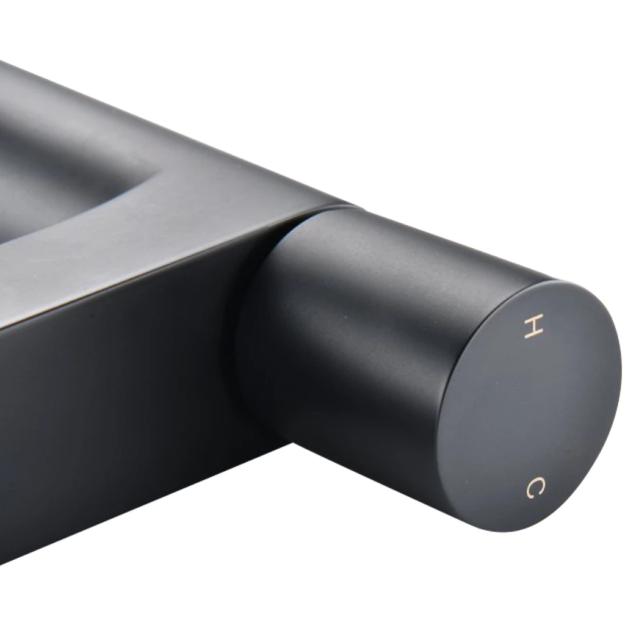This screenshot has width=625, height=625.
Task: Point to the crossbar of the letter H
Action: [x=533, y=327]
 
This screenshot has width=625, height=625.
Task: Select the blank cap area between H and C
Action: [x=534, y=406]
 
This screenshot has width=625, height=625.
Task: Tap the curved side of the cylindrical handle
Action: [x=359, y=339]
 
